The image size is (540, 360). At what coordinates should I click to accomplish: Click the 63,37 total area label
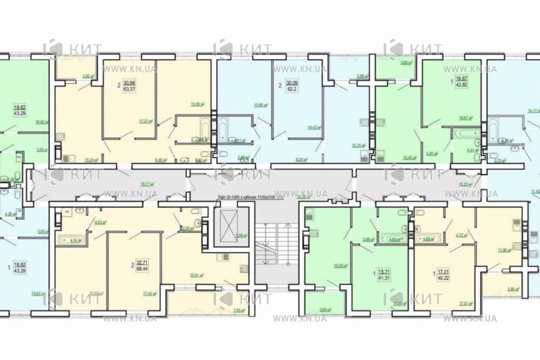[129, 91]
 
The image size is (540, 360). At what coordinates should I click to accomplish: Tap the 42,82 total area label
[460, 86]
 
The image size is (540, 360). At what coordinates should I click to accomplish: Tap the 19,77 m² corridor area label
[146, 185]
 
